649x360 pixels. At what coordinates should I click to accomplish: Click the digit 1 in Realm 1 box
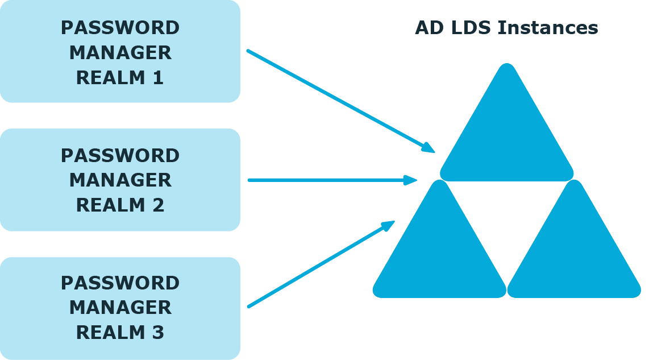click(159, 77)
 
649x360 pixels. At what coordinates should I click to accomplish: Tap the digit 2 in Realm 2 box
click(159, 205)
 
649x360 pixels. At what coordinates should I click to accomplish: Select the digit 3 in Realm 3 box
click(159, 333)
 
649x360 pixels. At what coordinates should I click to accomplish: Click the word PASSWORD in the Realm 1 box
click(120, 28)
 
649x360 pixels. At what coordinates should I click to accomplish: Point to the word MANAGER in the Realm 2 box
click(120, 180)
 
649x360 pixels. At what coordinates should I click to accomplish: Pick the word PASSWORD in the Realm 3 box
click(120, 283)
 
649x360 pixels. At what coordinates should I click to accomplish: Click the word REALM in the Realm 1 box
click(110, 77)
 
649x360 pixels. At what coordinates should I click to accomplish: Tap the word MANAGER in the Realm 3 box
click(120, 307)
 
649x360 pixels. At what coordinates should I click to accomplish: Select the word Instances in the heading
click(548, 28)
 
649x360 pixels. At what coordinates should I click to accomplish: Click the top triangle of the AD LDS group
click(506, 129)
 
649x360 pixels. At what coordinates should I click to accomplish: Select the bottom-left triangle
click(439, 245)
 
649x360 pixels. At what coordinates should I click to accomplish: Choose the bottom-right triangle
click(574, 245)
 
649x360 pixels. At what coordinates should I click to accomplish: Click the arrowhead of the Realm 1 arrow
click(429, 148)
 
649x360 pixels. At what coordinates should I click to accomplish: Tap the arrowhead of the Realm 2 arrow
click(410, 180)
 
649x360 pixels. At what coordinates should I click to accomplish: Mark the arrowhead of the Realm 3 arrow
click(389, 226)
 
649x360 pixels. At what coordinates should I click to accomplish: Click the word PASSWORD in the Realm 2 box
click(120, 156)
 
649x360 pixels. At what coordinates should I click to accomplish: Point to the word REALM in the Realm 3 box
click(110, 333)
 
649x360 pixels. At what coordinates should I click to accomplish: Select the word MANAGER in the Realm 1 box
click(120, 53)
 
